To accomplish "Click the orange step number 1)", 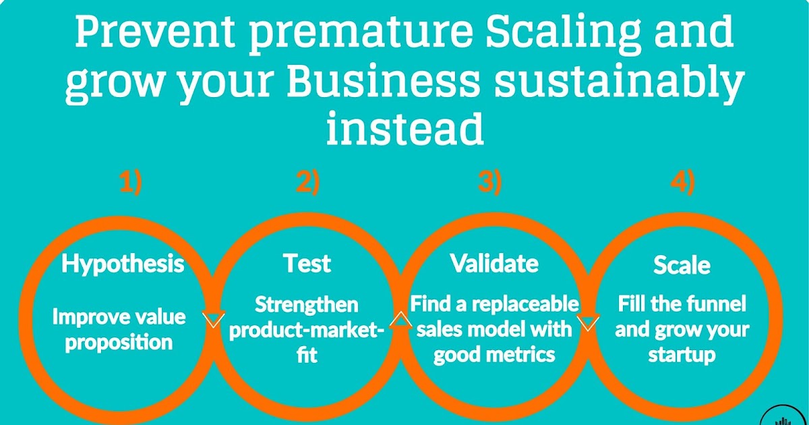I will [x=131, y=182].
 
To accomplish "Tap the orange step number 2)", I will [x=307, y=182].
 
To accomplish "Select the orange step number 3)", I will [x=489, y=182].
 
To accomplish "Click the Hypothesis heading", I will [x=123, y=264].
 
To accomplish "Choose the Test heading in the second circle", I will [x=307, y=264].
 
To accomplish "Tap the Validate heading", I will [x=494, y=264].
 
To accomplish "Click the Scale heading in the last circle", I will [x=682, y=265].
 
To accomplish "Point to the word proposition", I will [x=119, y=342].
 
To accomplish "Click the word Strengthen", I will [x=306, y=305].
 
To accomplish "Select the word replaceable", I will [x=526, y=305].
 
